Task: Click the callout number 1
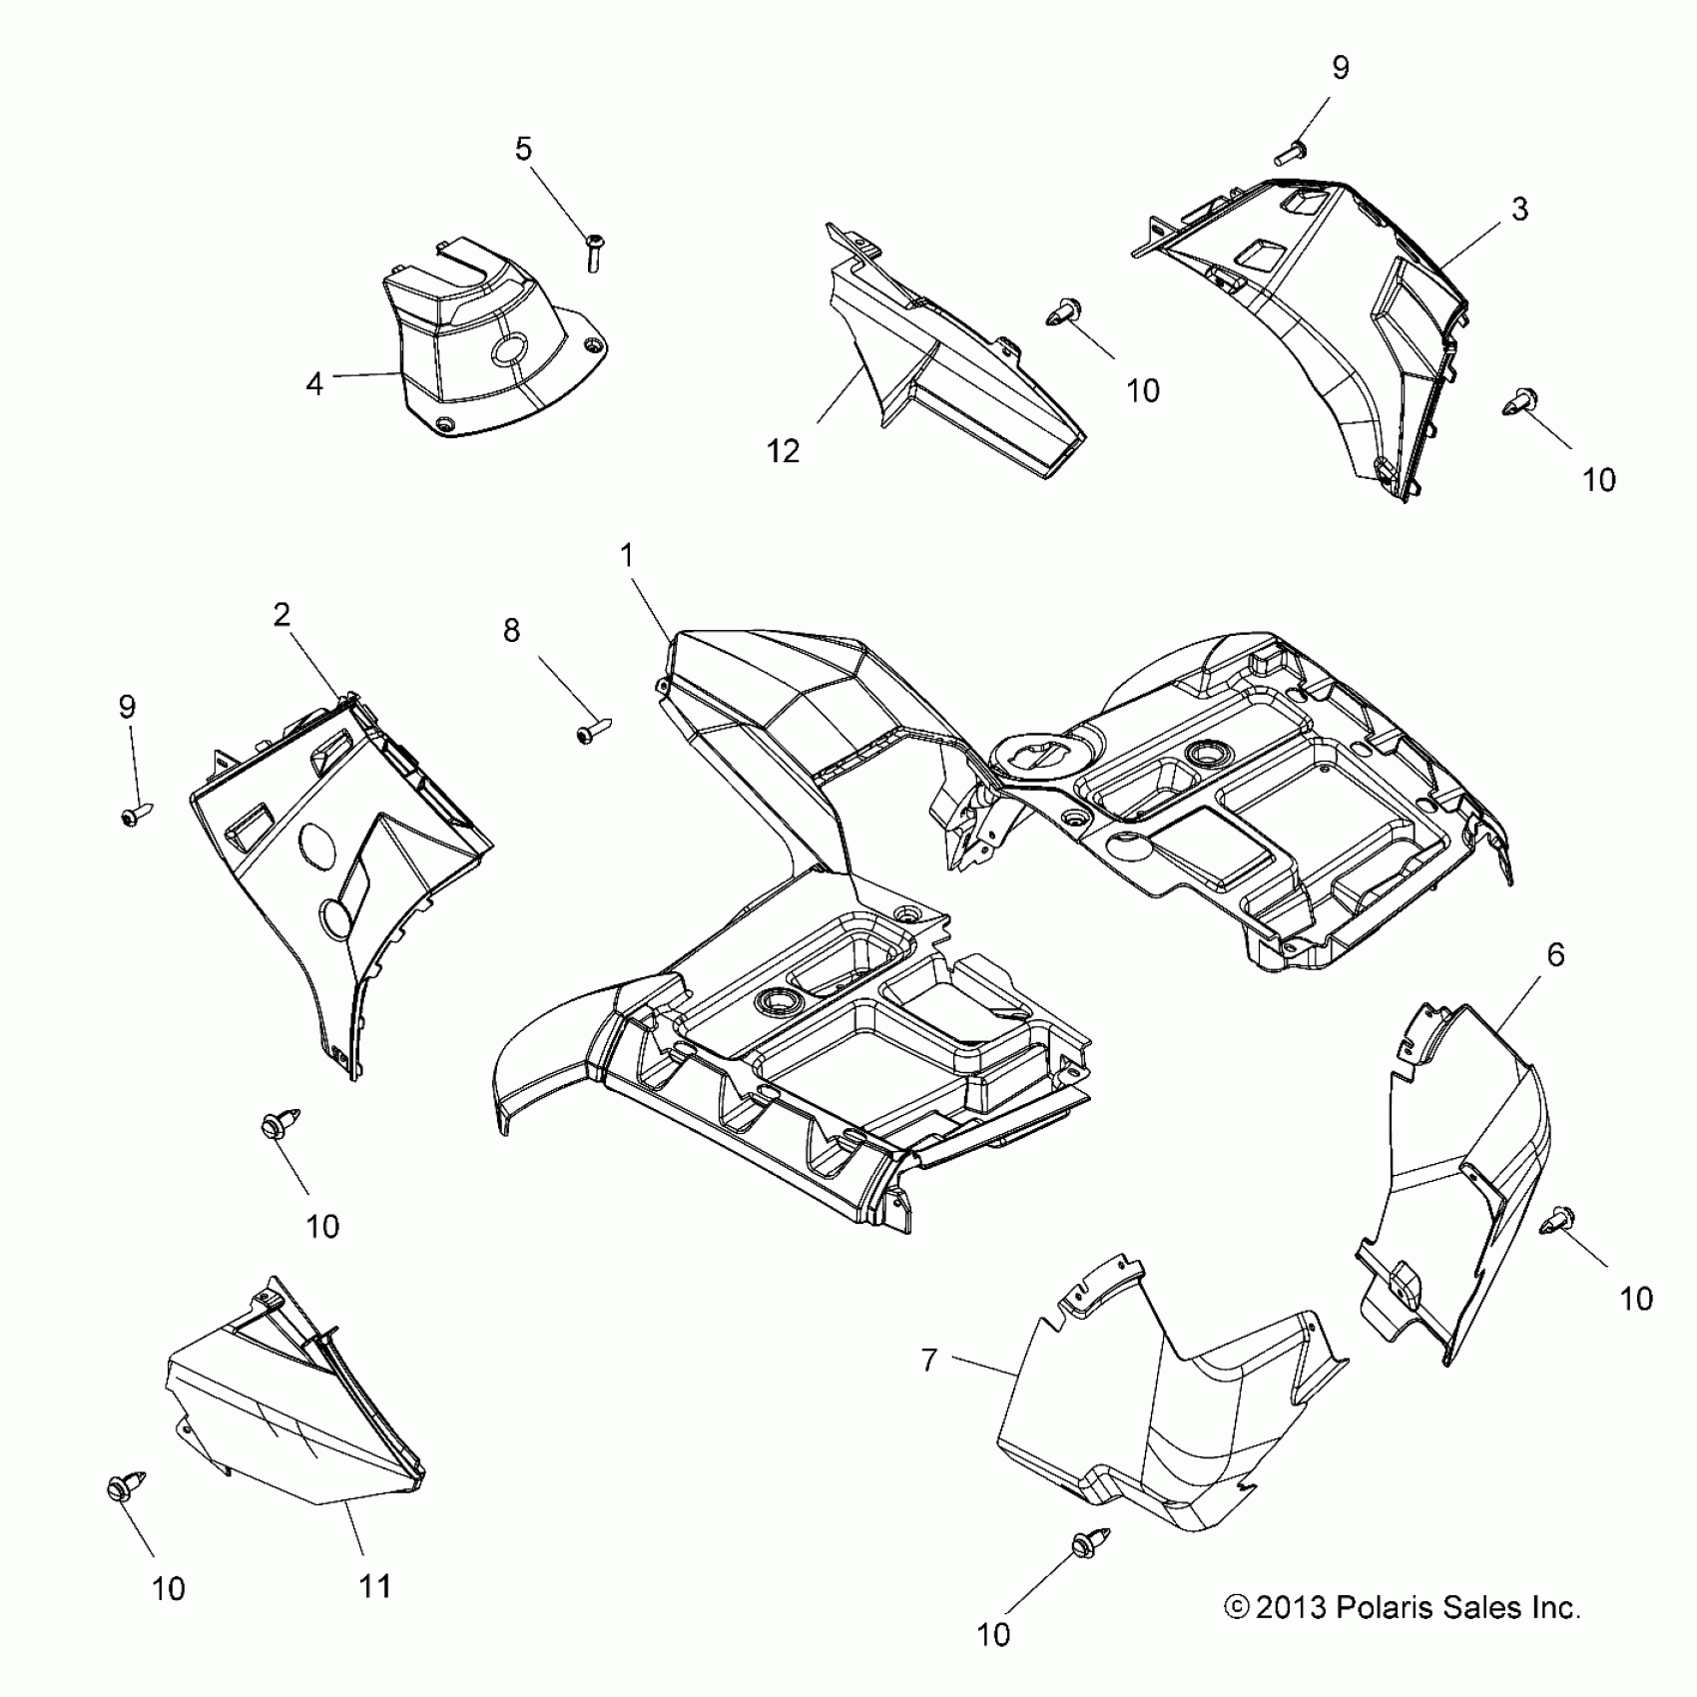click(627, 556)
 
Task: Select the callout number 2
click(282, 614)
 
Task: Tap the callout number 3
click(1518, 210)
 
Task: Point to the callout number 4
click(314, 383)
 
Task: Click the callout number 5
click(523, 149)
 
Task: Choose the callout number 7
click(929, 1360)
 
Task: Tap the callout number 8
click(511, 631)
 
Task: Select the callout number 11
click(374, 1585)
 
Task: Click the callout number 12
click(784, 451)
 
